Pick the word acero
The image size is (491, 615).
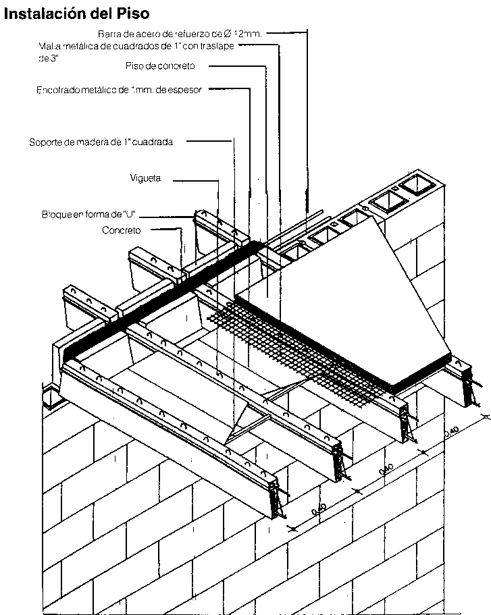coord(145,32)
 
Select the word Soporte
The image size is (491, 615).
coord(47,142)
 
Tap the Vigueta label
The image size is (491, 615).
coord(145,178)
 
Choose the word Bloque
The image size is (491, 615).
coord(56,215)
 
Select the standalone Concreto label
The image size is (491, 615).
coord(121,230)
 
